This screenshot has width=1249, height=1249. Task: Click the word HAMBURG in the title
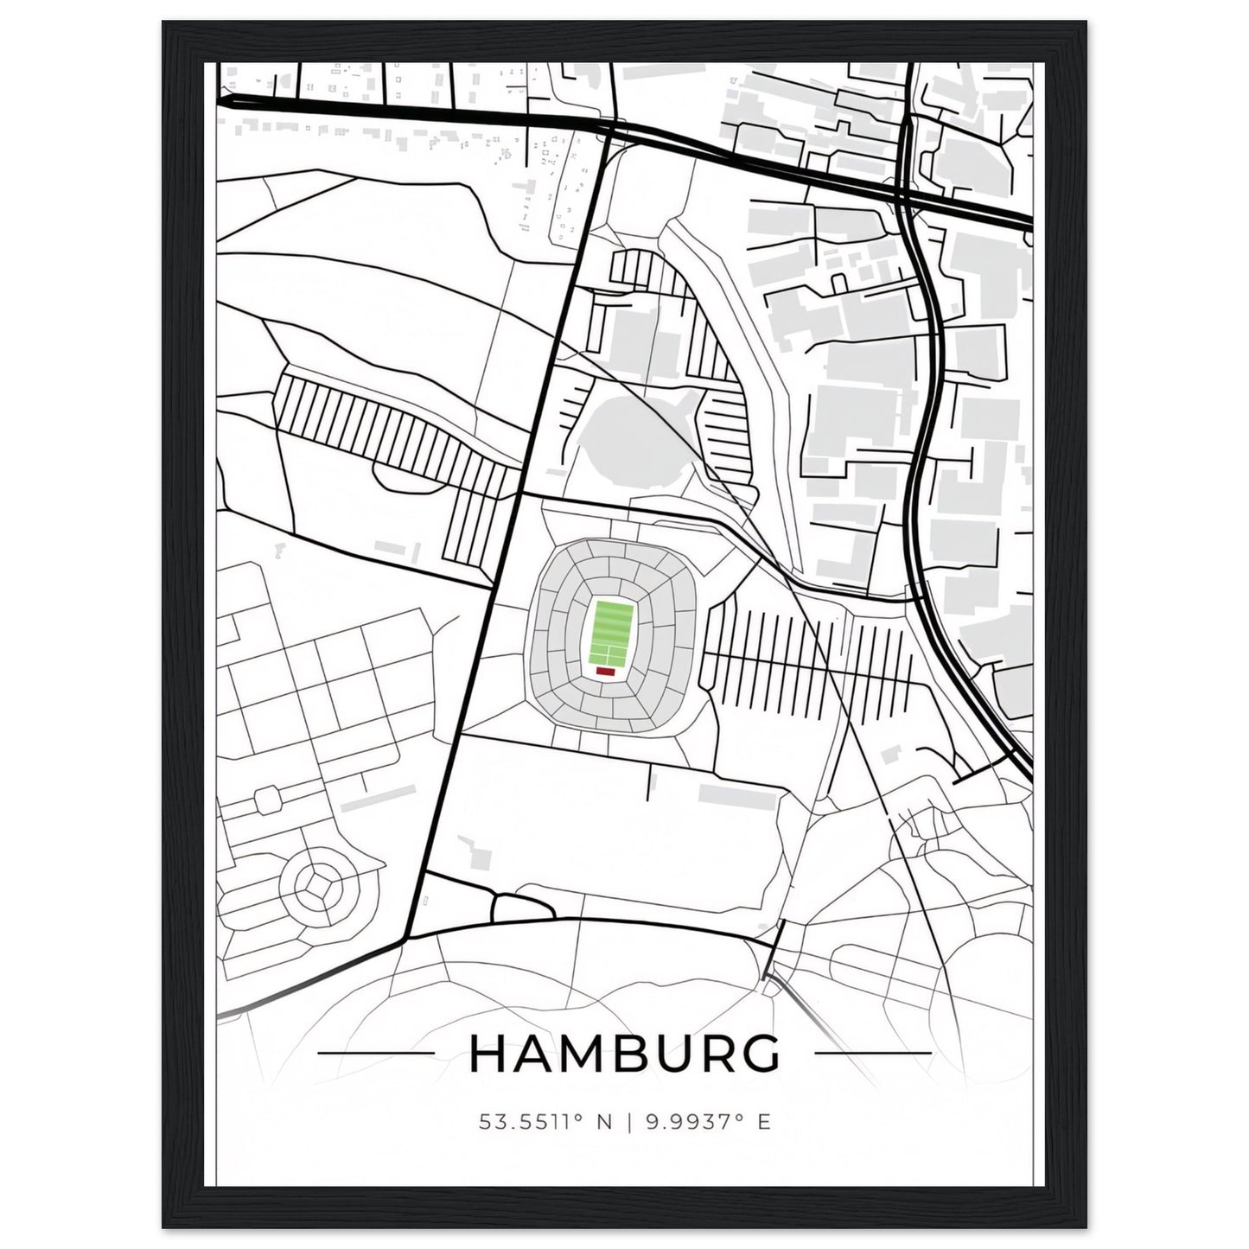[x=624, y=1053]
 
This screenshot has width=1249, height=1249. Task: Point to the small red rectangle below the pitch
[x=605, y=670]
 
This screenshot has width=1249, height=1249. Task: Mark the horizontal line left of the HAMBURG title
[x=376, y=1053]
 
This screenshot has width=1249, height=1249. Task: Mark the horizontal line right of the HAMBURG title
[x=873, y=1053]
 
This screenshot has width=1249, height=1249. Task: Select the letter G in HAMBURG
[x=762, y=1053]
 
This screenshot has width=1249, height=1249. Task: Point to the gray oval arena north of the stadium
[x=629, y=431]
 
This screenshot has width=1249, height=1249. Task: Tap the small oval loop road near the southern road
[x=522, y=908]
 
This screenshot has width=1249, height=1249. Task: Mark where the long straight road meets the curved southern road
[x=406, y=939]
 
